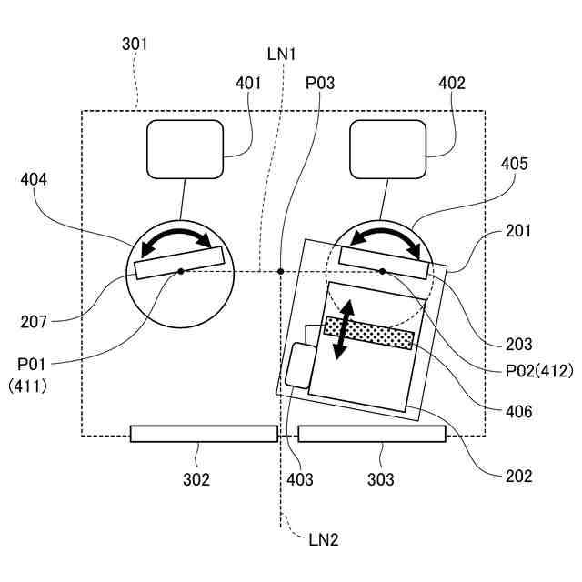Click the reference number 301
[x=134, y=44]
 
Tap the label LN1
[x=282, y=54]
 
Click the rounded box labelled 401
[x=186, y=149]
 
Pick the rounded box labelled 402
[x=387, y=149]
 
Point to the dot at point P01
[x=181, y=271]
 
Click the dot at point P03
[x=281, y=271]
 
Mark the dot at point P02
[x=383, y=271]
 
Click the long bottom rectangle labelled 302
[x=204, y=434]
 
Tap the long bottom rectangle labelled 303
[x=372, y=434]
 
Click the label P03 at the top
[x=320, y=84]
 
